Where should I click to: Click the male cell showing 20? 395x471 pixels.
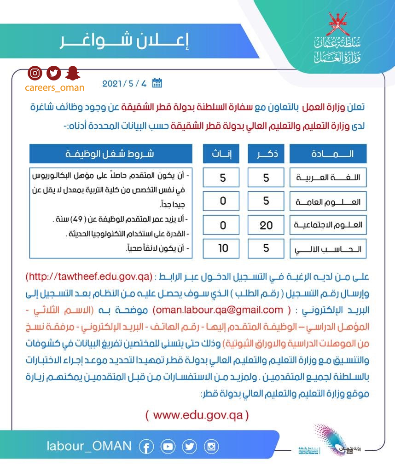click(x=266, y=225)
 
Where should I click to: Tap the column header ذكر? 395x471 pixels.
click(x=266, y=154)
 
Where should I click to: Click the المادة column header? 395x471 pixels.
click(x=328, y=154)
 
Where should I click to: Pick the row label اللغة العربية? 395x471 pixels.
click(x=328, y=178)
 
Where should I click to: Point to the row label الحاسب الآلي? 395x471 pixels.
click(x=328, y=250)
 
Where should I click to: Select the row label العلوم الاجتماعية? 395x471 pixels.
click(x=328, y=225)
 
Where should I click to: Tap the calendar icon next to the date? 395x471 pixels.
click(x=157, y=83)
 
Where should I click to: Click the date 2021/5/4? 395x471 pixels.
click(x=124, y=84)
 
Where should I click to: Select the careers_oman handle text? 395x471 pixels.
click(x=54, y=87)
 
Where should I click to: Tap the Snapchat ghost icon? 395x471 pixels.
click(x=72, y=73)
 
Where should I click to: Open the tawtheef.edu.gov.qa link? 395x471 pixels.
click(x=89, y=277)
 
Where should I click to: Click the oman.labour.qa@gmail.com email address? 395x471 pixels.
click(x=216, y=310)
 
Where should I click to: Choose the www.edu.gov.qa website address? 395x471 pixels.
click(x=197, y=415)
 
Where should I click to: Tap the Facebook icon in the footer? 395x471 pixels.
click(x=146, y=446)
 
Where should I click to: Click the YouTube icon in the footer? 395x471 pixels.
click(x=168, y=446)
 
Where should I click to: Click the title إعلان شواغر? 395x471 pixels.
click(x=125, y=40)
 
